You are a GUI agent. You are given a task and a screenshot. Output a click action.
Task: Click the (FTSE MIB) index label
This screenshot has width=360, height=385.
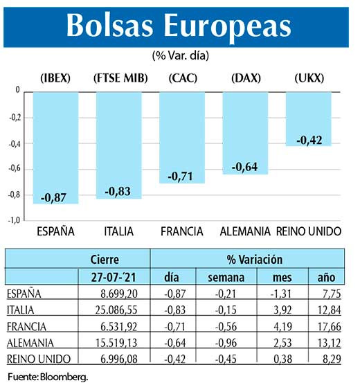118,78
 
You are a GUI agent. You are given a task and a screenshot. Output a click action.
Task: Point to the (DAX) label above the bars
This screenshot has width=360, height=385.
246,78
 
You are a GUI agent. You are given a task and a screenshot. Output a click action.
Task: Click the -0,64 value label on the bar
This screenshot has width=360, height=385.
244,166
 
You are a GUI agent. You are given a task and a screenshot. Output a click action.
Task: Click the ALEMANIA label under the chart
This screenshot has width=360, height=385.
245,231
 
